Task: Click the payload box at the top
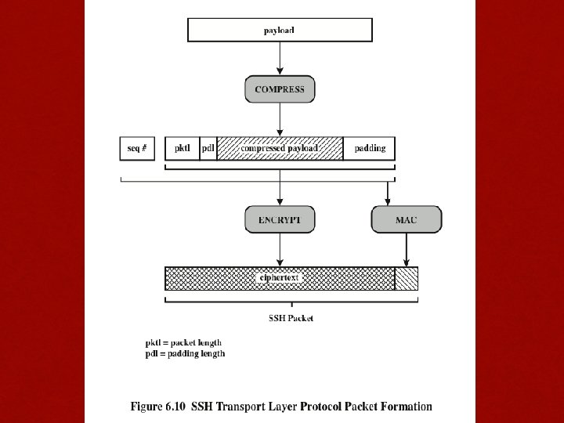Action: pos(280,30)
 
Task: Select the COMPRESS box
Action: pos(280,89)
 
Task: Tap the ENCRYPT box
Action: pos(280,220)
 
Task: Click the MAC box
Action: pos(406,220)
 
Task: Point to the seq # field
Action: pos(137,148)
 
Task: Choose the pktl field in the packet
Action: pos(182,148)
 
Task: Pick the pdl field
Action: pos(208,148)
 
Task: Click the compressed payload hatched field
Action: pos(280,148)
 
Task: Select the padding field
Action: pos(370,148)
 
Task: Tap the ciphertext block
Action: pos(280,278)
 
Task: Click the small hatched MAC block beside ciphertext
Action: pos(407,278)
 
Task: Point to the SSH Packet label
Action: pos(290,318)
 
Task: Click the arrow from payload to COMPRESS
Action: pos(280,59)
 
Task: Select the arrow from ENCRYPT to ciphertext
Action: pos(280,250)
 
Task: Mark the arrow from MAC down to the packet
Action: pos(406,250)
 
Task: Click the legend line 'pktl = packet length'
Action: pos(183,342)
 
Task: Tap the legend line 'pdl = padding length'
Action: pos(185,353)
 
